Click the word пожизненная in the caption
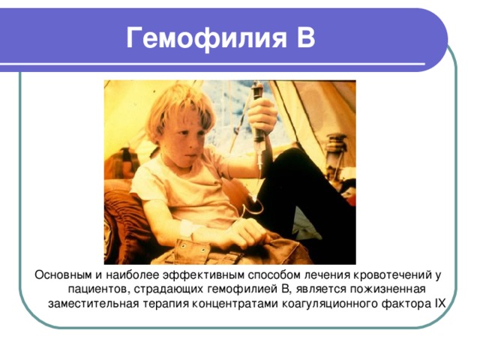[x=388, y=289]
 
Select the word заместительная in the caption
[x=88, y=304]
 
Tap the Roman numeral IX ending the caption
[x=439, y=304]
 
